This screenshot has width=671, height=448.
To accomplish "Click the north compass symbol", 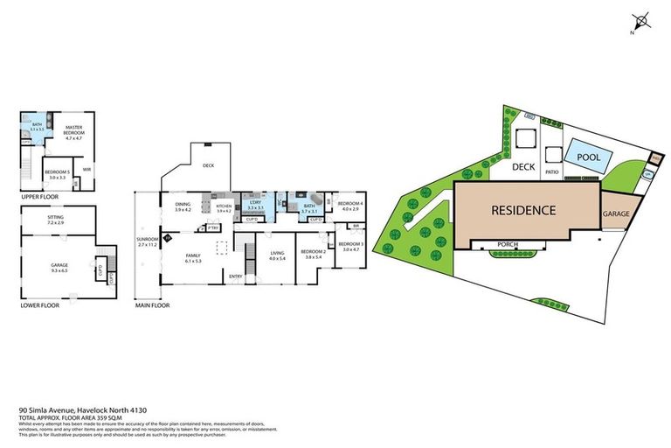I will pos(643,20).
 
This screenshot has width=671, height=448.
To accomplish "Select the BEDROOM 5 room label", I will pos(57,173).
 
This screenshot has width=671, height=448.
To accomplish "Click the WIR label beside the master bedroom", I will pos(87,169).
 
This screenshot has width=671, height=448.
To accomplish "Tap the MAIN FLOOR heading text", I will pos(153,305).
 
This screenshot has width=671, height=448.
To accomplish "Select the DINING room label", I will pos(183,206).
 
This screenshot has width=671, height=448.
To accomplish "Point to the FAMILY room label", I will pos(193,257).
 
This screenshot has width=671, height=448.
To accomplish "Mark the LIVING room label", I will pos(278,255).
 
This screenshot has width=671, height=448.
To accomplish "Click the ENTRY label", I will pos(235,276).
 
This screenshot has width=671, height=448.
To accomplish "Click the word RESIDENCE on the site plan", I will pos(522,210).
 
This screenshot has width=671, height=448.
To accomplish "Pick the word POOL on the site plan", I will pos(581,156).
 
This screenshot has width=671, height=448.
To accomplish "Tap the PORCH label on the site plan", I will pos(508,244).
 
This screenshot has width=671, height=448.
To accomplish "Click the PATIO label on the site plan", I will pos(552,172).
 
